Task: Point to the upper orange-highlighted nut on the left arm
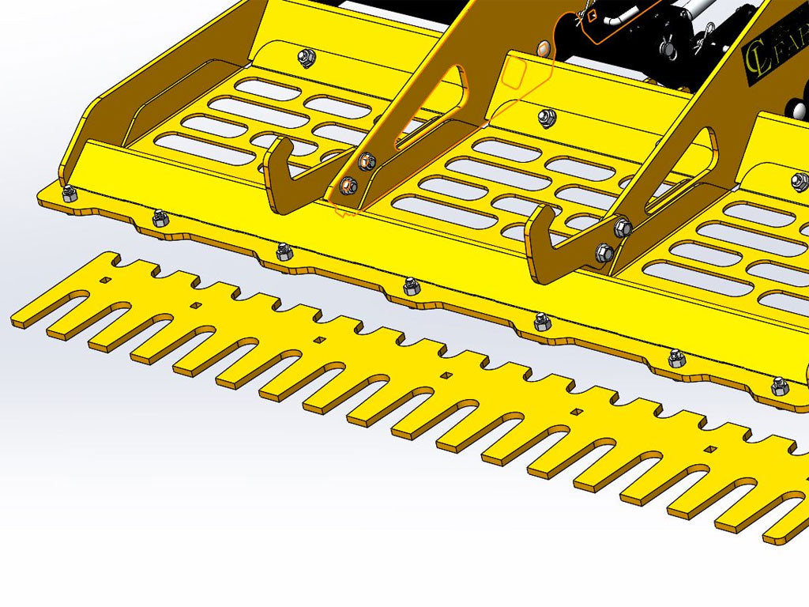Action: (364, 164)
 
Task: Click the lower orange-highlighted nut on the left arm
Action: (348, 186)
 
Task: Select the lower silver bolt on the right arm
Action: (604, 252)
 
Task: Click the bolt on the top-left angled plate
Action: (305, 56)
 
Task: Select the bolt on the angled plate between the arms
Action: (544, 117)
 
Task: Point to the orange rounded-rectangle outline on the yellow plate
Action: (514, 73)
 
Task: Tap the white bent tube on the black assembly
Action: (614, 19)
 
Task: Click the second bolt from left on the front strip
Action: (160, 216)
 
